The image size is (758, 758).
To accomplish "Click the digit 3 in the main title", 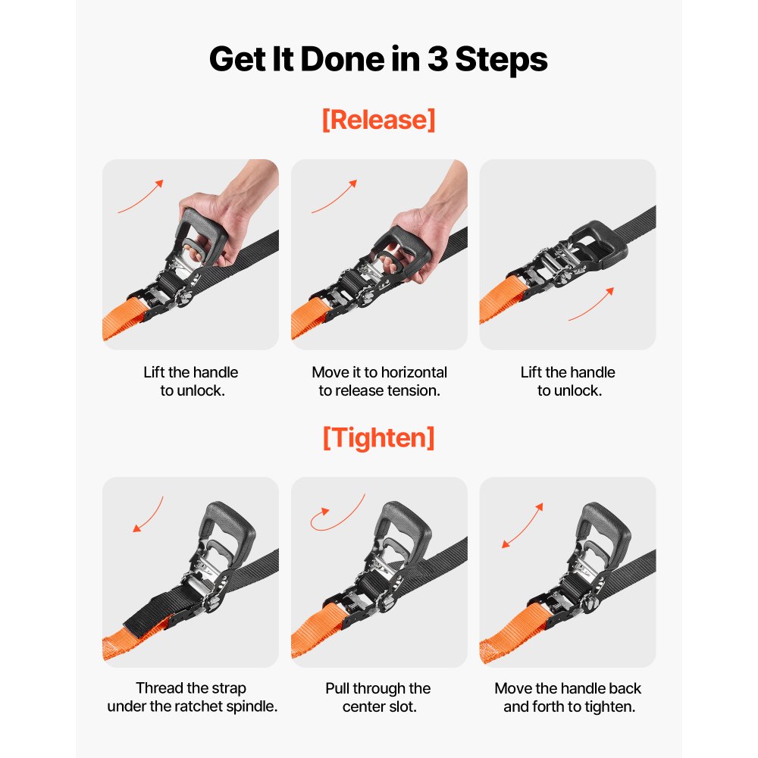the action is click(437, 59).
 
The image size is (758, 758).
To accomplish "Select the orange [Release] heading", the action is click(378, 120).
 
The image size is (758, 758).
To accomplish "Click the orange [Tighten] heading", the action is click(378, 438).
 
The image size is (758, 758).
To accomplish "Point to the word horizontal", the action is click(414, 372).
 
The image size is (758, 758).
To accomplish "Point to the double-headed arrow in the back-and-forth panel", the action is click(522, 525).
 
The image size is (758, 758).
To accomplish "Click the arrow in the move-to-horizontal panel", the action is click(335, 198).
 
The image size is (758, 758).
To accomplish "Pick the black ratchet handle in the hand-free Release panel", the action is click(600, 244).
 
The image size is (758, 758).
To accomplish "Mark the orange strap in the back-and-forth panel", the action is click(512, 633).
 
